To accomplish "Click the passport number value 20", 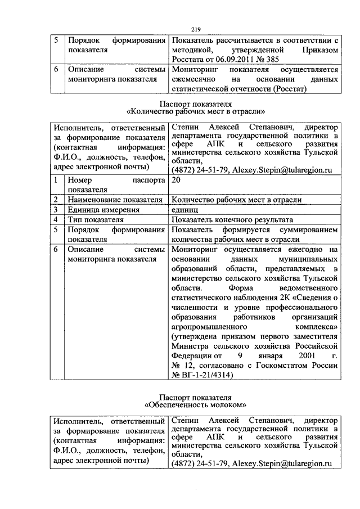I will [176, 181].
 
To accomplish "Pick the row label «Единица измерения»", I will [102, 209].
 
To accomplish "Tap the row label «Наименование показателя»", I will [115, 199].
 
